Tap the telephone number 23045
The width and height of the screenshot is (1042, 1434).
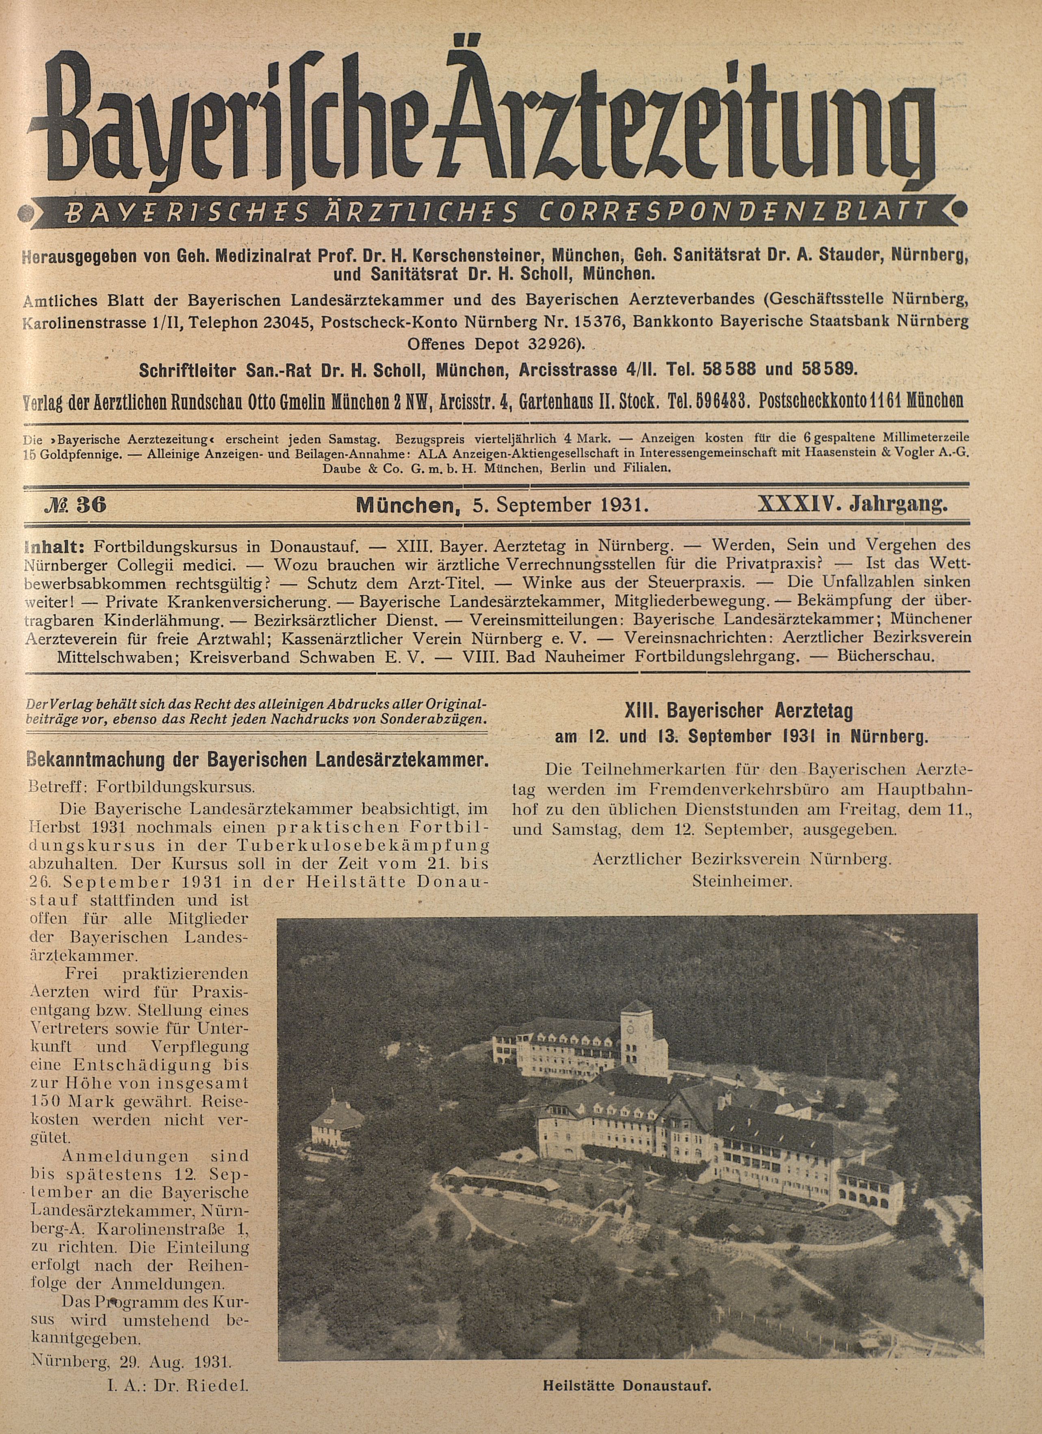pyautogui.click(x=286, y=321)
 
